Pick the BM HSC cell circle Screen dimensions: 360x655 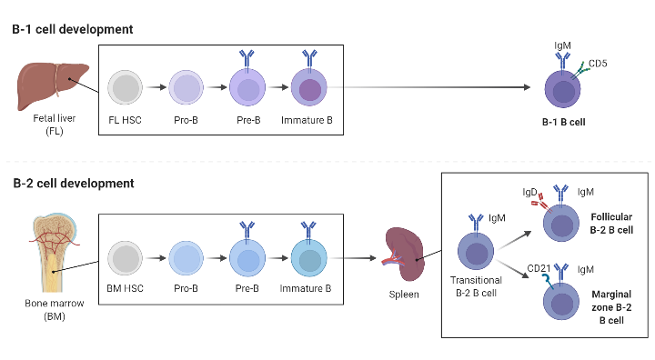point(125,258)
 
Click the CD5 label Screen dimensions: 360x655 point(599,64)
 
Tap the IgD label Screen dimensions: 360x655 point(529,193)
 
